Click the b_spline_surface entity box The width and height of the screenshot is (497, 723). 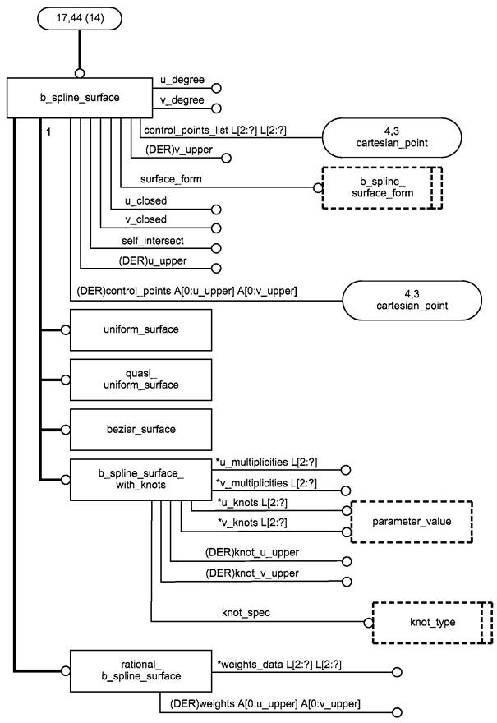tap(80, 98)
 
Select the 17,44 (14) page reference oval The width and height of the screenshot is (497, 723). tap(80, 18)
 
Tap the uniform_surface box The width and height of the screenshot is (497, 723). tap(140, 329)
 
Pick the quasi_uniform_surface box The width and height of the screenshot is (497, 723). tap(140, 380)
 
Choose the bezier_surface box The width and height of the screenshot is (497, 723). tap(140, 429)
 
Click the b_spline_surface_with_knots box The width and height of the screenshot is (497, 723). tap(140, 480)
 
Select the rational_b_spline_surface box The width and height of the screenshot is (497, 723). tap(140, 671)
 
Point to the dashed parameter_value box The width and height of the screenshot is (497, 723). tap(412, 522)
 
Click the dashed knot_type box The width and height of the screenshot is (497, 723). tap(432, 623)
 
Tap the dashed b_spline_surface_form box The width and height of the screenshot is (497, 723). tap(382, 187)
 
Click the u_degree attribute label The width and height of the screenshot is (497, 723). tap(182, 80)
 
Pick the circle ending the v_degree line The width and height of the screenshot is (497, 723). tap(216, 108)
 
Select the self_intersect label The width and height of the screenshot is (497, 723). tap(153, 241)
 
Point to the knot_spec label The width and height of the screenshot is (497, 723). tap(246, 613)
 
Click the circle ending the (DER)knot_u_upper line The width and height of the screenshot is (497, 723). tap(347, 561)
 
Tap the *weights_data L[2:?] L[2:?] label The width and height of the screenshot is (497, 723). tap(279, 665)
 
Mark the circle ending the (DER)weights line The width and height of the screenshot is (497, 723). tap(397, 712)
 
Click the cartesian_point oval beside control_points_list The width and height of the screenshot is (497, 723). tap(391, 137)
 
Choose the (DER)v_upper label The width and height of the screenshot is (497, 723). tap(179, 150)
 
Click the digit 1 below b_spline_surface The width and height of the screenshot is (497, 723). tap(48, 132)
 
